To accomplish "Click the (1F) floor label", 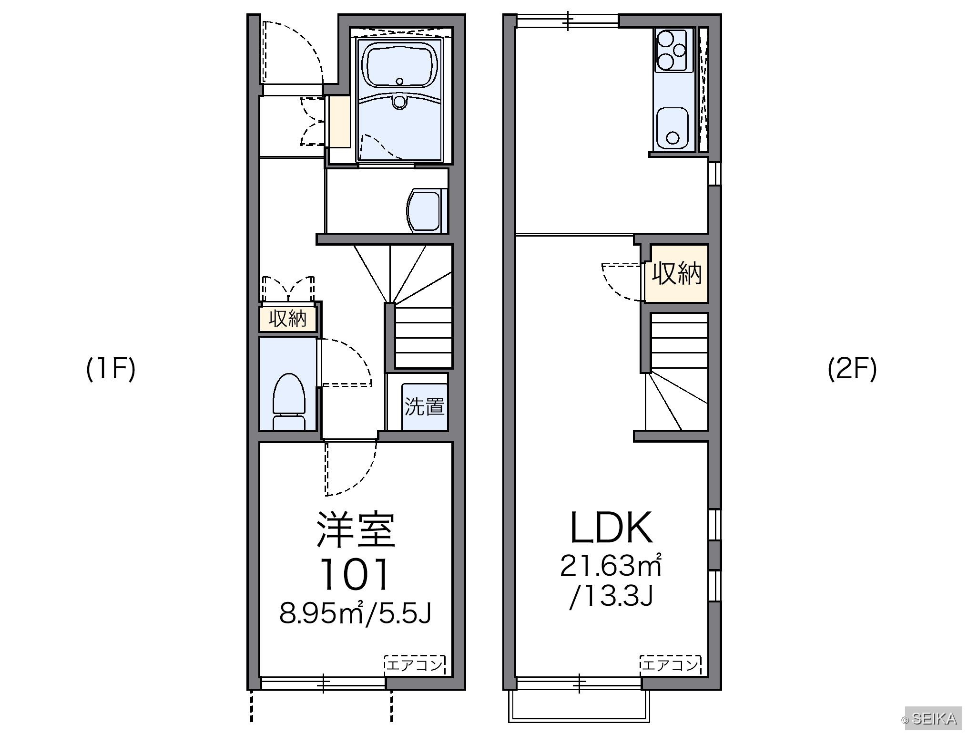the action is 111,370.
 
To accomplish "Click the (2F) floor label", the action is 852,370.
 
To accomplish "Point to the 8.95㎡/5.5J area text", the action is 356,614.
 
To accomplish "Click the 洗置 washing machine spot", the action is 424,406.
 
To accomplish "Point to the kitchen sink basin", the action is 672,127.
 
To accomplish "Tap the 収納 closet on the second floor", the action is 676,273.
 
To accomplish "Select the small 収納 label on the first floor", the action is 287,318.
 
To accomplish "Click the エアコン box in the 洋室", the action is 415,664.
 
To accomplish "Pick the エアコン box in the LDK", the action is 670,664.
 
